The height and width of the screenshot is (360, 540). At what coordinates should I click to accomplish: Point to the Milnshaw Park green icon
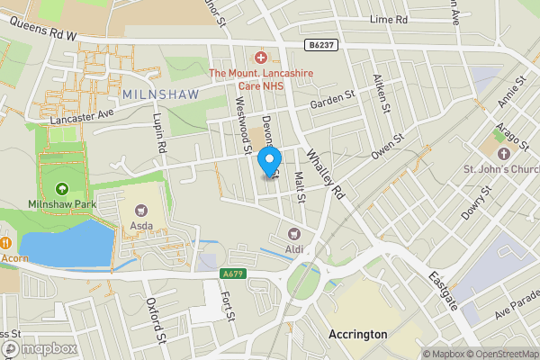click(61, 189)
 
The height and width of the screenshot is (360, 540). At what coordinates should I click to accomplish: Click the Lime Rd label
click(389, 19)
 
